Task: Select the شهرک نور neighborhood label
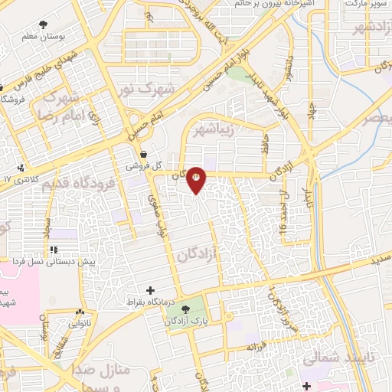[150, 90]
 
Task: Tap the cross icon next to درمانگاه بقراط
[151, 291]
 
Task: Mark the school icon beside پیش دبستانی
[54, 250]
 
